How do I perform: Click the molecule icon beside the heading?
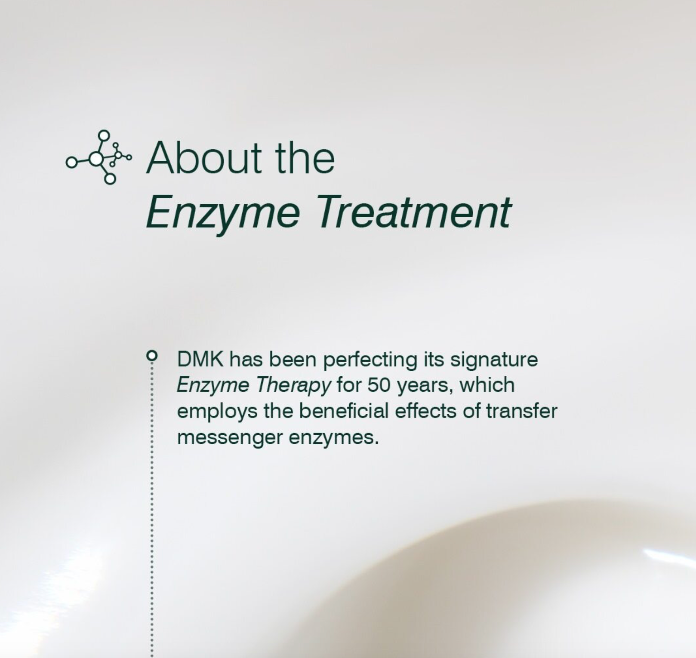pyautogui.click(x=99, y=157)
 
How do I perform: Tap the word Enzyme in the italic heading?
pyautogui.click(x=223, y=212)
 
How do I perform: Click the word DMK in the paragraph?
pyautogui.click(x=200, y=359)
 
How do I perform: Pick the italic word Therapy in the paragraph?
pyautogui.click(x=293, y=385)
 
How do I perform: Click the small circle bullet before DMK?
pyautogui.click(x=151, y=356)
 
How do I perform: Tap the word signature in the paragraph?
pyautogui.click(x=494, y=360)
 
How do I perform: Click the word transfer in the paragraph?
pyautogui.click(x=521, y=411)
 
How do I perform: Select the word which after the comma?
pyautogui.click(x=487, y=385)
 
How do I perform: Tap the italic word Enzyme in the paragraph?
pyautogui.click(x=212, y=385)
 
